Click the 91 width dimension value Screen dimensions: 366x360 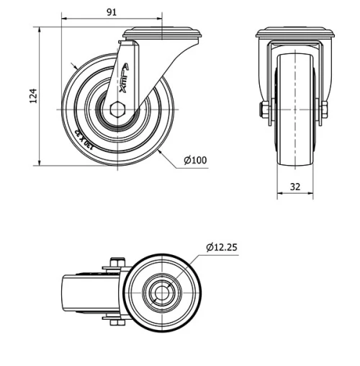pos(112,12)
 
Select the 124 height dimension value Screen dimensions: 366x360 pos(33,97)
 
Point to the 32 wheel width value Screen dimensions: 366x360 pos(295,185)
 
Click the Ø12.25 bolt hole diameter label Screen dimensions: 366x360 pos(221,246)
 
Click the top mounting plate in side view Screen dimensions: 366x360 pos(162,32)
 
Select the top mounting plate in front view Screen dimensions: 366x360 pos(295,32)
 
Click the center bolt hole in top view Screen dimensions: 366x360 pos(161,293)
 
